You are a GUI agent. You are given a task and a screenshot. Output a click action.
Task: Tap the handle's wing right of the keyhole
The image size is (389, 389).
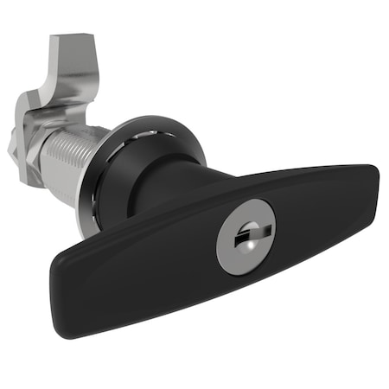pyautogui.click(x=320, y=207)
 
